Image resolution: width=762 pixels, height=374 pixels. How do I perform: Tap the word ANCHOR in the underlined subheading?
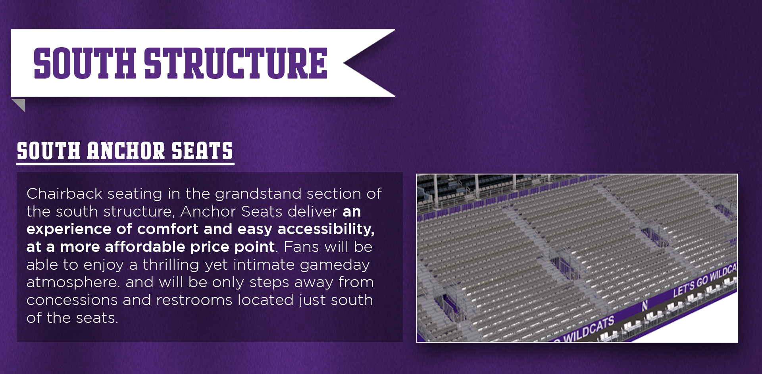(126, 151)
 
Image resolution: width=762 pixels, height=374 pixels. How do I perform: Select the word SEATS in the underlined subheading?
(202, 151)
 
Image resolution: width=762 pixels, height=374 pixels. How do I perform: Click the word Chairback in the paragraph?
(65, 194)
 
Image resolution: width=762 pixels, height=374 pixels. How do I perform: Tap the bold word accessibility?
(326, 229)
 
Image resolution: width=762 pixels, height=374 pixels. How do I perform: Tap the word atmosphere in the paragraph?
(73, 282)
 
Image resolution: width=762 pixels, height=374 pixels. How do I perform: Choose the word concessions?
(72, 300)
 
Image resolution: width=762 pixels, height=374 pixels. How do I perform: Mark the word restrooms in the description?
(194, 300)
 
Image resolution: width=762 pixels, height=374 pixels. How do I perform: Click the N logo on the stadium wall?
(645, 305)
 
